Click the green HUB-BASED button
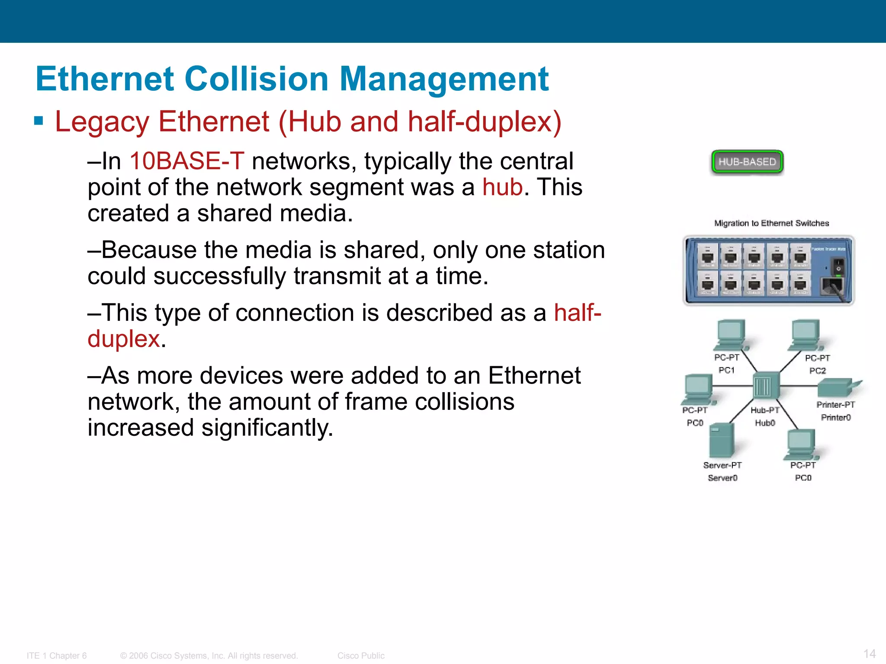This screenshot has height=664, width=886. (x=747, y=162)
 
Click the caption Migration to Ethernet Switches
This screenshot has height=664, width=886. (x=771, y=223)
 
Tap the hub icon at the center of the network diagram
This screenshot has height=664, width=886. (x=766, y=385)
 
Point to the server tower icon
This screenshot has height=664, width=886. (x=722, y=440)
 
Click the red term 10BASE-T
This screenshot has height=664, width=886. (x=187, y=161)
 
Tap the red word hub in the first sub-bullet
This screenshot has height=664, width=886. (x=502, y=187)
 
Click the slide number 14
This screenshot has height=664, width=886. (x=870, y=654)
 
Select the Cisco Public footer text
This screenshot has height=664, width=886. (x=361, y=656)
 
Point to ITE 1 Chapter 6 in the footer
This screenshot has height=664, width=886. (x=57, y=656)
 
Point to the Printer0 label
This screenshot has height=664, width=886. (x=836, y=418)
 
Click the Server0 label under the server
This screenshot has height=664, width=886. (x=722, y=478)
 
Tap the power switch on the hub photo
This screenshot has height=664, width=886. (x=838, y=266)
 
